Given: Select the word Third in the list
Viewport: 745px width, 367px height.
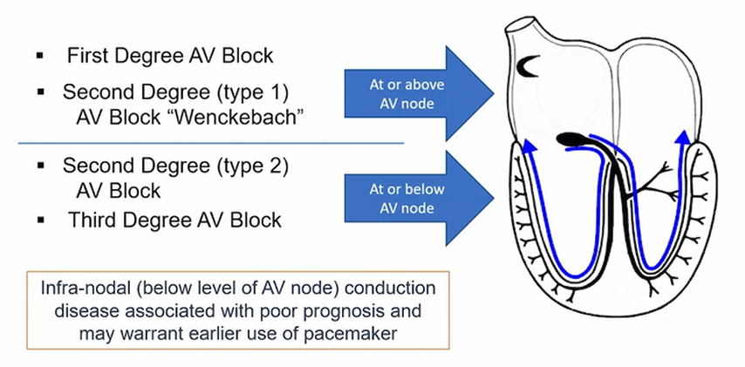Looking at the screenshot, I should pyautogui.click(x=92, y=220).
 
